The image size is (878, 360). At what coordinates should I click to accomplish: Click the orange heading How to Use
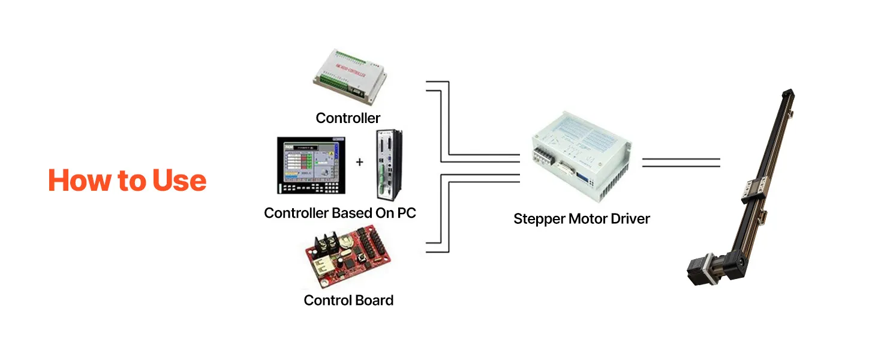point(127,181)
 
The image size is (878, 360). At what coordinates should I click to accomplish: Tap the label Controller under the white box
point(348,118)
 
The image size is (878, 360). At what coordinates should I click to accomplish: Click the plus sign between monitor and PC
point(360,162)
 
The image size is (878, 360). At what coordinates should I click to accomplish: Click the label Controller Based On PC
point(339,213)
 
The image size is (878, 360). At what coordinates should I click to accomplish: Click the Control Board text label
point(348,300)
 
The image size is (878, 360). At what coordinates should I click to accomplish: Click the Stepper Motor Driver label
point(581,219)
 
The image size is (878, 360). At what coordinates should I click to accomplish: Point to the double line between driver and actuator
point(681,162)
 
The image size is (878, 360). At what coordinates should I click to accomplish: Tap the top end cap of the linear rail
point(788,95)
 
